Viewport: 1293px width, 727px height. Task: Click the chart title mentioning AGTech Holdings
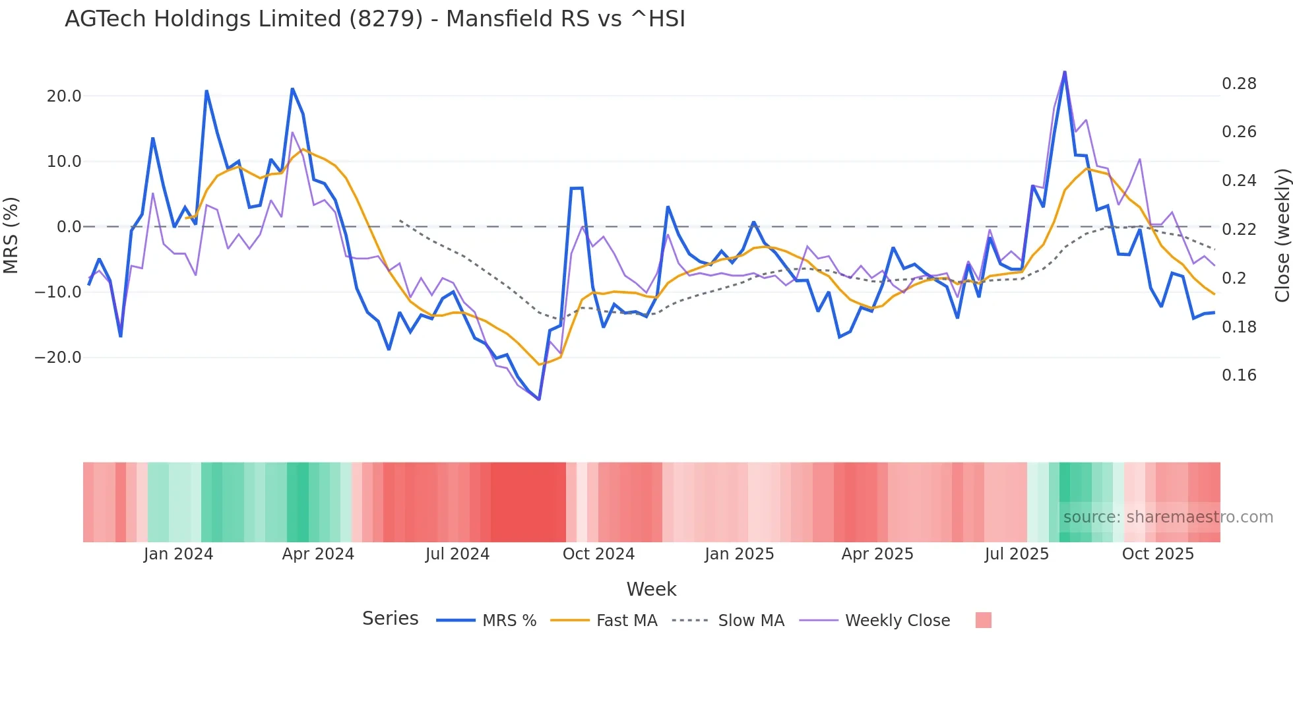[375, 19]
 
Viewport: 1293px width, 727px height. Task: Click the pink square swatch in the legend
[983, 620]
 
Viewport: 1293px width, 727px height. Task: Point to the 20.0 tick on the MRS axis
[64, 96]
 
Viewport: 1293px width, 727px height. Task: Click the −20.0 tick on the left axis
[58, 358]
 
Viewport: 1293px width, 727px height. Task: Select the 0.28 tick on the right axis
[1239, 84]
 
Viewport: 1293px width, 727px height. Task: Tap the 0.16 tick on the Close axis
[1239, 375]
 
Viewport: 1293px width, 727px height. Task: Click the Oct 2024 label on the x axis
[598, 554]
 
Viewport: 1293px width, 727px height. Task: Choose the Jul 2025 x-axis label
[1017, 554]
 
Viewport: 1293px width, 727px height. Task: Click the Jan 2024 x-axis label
[178, 554]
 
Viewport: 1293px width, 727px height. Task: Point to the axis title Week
[651, 589]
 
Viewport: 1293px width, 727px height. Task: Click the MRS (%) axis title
[11, 235]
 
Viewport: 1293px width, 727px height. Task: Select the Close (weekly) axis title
[1282, 236]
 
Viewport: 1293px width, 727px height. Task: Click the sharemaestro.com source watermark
[1168, 517]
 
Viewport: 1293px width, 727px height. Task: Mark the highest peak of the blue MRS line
[1065, 72]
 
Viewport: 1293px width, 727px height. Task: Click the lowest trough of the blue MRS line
[539, 399]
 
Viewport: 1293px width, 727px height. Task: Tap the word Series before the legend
[390, 619]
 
